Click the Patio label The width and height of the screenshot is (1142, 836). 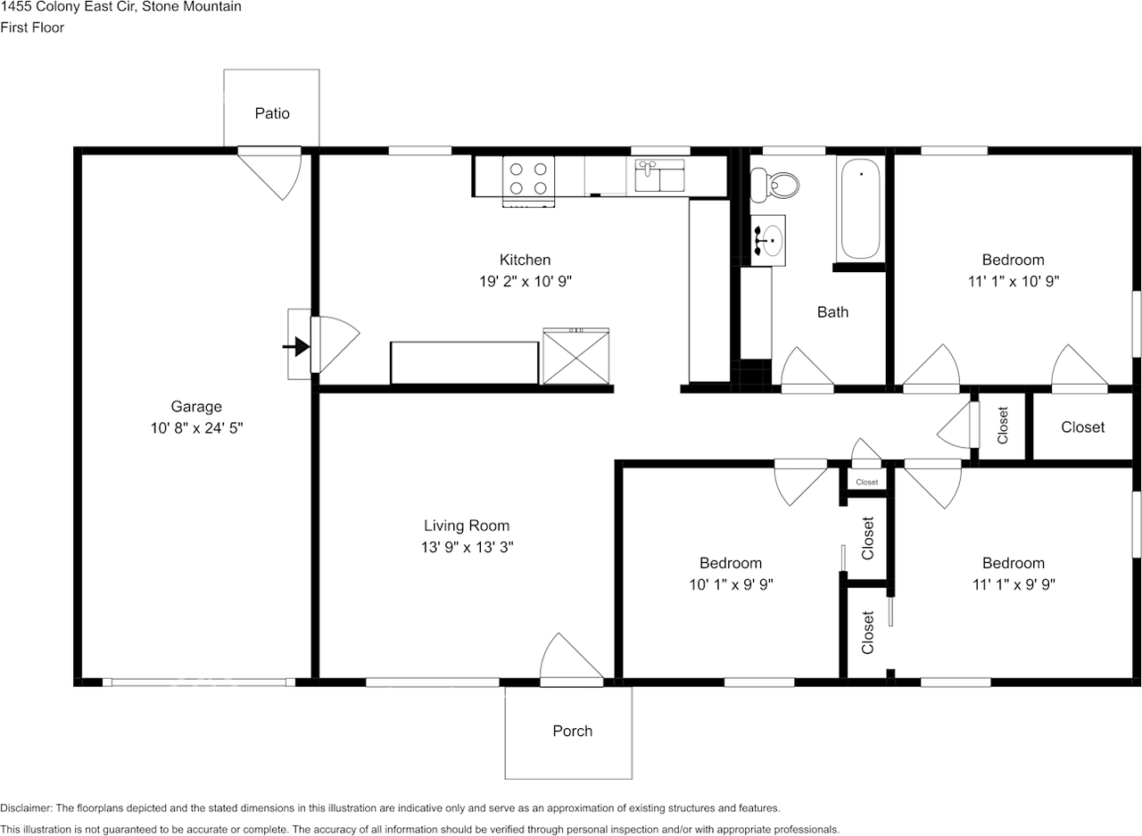click(x=272, y=113)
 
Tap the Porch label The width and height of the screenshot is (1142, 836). click(x=573, y=731)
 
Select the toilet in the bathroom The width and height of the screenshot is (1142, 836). click(x=774, y=186)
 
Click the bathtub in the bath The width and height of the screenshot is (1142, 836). click(x=861, y=209)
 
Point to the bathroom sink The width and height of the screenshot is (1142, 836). click(x=768, y=240)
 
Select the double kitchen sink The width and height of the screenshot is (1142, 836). click(x=659, y=176)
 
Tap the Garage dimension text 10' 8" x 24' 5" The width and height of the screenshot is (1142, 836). click(x=196, y=427)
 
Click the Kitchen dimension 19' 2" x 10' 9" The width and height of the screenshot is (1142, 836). click(x=525, y=281)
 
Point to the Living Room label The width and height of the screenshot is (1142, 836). click(x=467, y=526)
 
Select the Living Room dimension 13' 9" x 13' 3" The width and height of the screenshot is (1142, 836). click(x=467, y=547)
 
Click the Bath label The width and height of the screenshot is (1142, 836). click(x=832, y=312)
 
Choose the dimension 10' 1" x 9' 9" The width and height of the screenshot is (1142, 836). click(x=731, y=584)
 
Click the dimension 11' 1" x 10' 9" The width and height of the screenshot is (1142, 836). click(x=1014, y=281)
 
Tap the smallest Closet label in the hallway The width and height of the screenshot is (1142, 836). click(x=866, y=482)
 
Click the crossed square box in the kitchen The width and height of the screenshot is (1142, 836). click(x=576, y=356)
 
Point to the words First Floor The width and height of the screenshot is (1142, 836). click(x=32, y=28)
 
